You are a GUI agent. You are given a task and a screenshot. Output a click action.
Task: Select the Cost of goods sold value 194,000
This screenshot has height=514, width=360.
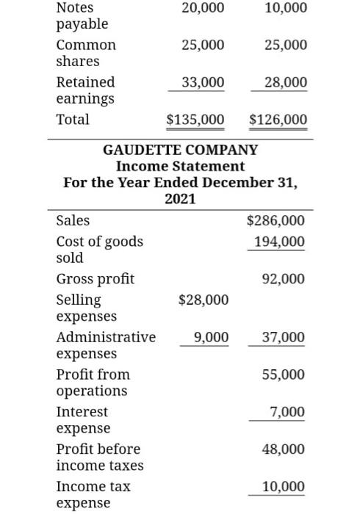(x=279, y=242)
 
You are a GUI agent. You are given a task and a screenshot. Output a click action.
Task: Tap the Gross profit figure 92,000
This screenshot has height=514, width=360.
(x=284, y=279)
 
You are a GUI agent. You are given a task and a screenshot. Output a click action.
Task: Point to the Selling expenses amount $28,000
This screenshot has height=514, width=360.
(x=204, y=300)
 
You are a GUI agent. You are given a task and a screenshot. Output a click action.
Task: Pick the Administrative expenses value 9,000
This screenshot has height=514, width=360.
(x=211, y=337)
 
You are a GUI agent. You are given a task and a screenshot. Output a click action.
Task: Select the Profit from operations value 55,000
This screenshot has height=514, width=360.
(x=284, y=374)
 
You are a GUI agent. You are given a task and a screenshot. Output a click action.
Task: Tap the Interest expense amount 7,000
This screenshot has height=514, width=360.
(x=287, y=412)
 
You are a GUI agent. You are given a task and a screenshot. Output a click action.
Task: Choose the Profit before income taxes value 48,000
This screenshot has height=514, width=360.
(x=284, y=449)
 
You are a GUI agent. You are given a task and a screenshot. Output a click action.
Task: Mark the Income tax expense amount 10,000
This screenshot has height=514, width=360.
(x=284, y=486)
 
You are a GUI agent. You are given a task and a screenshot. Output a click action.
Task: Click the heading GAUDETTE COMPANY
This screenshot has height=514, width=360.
(x=180, y=150)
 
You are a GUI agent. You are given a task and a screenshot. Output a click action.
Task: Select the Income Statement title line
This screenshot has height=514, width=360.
(x=180, y=166)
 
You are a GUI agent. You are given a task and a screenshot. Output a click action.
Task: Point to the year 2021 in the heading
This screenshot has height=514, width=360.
(x=180, y=198)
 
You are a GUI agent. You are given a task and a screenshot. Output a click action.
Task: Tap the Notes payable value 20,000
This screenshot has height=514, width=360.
(x=204, y=8)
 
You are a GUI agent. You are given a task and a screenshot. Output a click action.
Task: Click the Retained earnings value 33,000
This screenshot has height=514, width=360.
(x=204, y=82)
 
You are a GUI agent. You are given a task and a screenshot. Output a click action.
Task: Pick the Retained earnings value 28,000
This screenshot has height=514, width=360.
(x=287, y=82)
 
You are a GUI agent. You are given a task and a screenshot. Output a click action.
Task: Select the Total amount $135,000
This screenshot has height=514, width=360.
(x=196, y=119)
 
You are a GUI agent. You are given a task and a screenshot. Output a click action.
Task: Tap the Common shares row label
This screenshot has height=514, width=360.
(x=86, y=53)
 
